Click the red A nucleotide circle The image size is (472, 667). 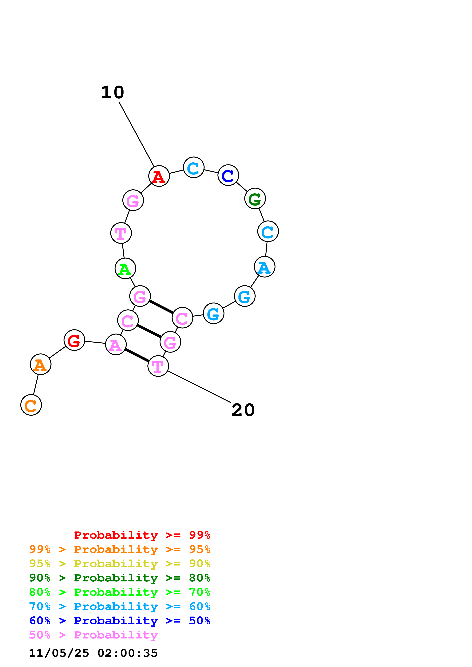[x=159, y=176]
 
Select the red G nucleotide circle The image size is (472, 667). [x=74, y=340]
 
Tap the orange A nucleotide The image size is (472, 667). [x=40, y=364]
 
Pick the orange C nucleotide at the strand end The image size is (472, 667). [x=31, y=405]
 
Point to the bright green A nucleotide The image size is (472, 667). [x=125, y=268]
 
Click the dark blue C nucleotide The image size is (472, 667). [x=228, y=175]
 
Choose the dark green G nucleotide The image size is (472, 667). [x=255, y=199]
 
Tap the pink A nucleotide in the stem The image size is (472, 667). [x=116, y=345]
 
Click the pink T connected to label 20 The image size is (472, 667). [x=158, y=366]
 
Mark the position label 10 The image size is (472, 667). [x=113, y=92]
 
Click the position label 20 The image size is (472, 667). [x=243, y=410]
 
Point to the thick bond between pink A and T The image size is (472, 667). [x=137, y=355]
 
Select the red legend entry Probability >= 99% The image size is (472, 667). [x=142, y=535]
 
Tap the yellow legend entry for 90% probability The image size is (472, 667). [x=120, y=563]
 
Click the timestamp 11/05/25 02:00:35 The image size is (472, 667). [x=93, y=653]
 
